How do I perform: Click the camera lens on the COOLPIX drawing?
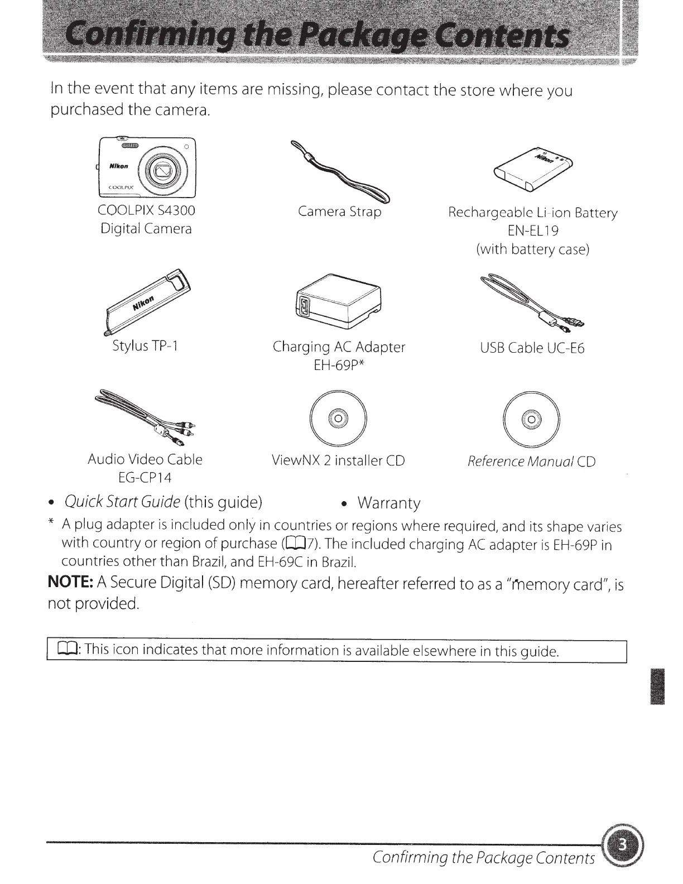point(163,169)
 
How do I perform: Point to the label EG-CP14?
point(145,478)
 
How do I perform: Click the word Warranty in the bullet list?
point(389,503)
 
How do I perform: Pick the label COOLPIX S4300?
point(146,210)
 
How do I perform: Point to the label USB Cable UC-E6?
point(532,348)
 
